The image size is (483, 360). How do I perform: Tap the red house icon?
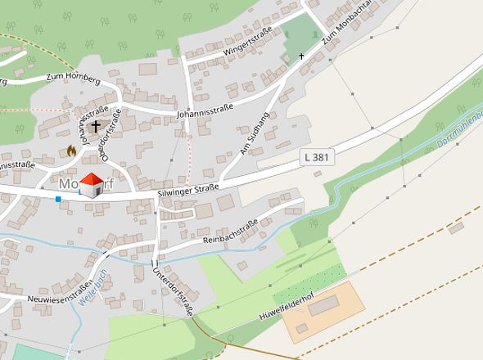click(x=93, y=184)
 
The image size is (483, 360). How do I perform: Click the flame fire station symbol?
click(x=71, y=151)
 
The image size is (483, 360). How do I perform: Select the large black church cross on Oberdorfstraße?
click(x=97, y=127)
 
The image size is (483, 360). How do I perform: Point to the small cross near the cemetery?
click(x=301, y=56)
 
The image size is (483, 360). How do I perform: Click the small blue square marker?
click(x=58, y=199)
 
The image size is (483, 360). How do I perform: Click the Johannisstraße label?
click(x=205, y=110)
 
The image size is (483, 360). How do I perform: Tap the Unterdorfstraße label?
click(x=173, y=288)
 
